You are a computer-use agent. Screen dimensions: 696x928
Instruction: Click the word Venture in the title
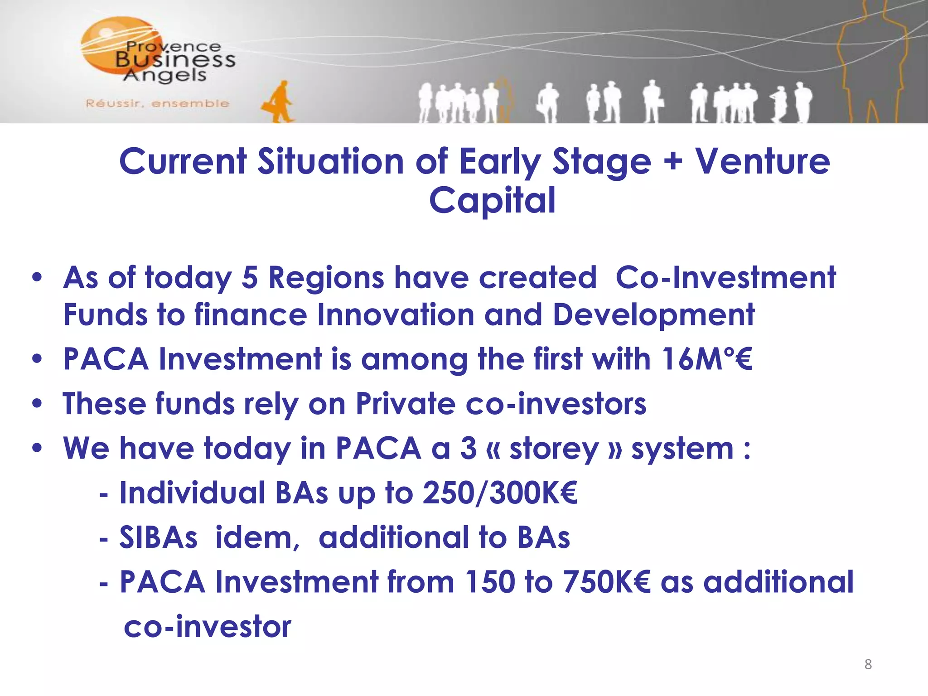click(763, 162)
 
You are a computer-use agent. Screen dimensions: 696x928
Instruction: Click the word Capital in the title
click(492, 201)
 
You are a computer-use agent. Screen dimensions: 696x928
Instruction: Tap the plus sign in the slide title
click(674, 162)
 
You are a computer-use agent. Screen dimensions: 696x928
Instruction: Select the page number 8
click(868, 664)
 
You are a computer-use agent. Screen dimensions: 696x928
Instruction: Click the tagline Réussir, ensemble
click(157, 104)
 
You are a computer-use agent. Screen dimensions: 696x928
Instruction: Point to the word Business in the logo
click(175, 60)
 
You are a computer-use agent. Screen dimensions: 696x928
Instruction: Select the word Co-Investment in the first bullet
click(725, 277)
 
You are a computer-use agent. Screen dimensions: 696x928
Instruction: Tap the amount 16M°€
click(706, 359)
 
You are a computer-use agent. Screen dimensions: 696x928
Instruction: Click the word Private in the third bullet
click(405, 403)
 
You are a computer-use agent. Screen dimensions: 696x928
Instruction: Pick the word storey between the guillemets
click(554, 449)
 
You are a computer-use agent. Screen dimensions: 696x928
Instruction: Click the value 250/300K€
click(500, 493)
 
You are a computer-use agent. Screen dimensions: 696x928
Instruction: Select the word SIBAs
click(159, 538)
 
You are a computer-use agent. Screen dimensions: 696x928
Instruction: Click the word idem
click(257, 538)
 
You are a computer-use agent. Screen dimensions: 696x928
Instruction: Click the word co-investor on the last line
click(207, 627)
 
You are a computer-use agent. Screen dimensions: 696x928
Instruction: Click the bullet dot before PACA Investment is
click(37, 359)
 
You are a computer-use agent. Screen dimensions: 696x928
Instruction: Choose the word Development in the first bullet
click(653, 315)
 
